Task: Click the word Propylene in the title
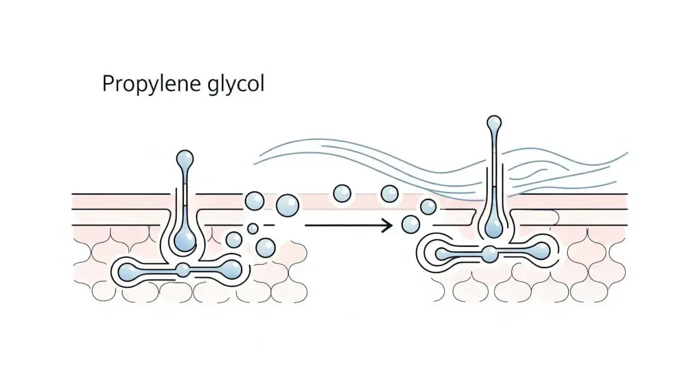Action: [x=151, y=84]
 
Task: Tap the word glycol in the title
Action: [x=236, y=84]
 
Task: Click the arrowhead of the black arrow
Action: [x=388, y=225]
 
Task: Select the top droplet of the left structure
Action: [x=185, y=159]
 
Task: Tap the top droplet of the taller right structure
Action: [x=494, y=123]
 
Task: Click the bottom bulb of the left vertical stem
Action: [x=185, y=241]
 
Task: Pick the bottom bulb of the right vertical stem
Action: [x=494, y=227]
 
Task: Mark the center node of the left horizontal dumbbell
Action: [x=183, y=270]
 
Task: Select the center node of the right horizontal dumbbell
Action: [x=489, y=254]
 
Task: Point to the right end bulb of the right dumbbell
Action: [x=541, y=251]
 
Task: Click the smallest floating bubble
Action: [x=253, y=229]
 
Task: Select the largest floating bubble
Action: [x=288, y=205]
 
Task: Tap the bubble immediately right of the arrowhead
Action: [x=411, y=225]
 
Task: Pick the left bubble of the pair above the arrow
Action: [x=342, y=194]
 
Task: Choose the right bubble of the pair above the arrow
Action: [x=390, y=194]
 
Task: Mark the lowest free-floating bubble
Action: [x=266, y=247]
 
